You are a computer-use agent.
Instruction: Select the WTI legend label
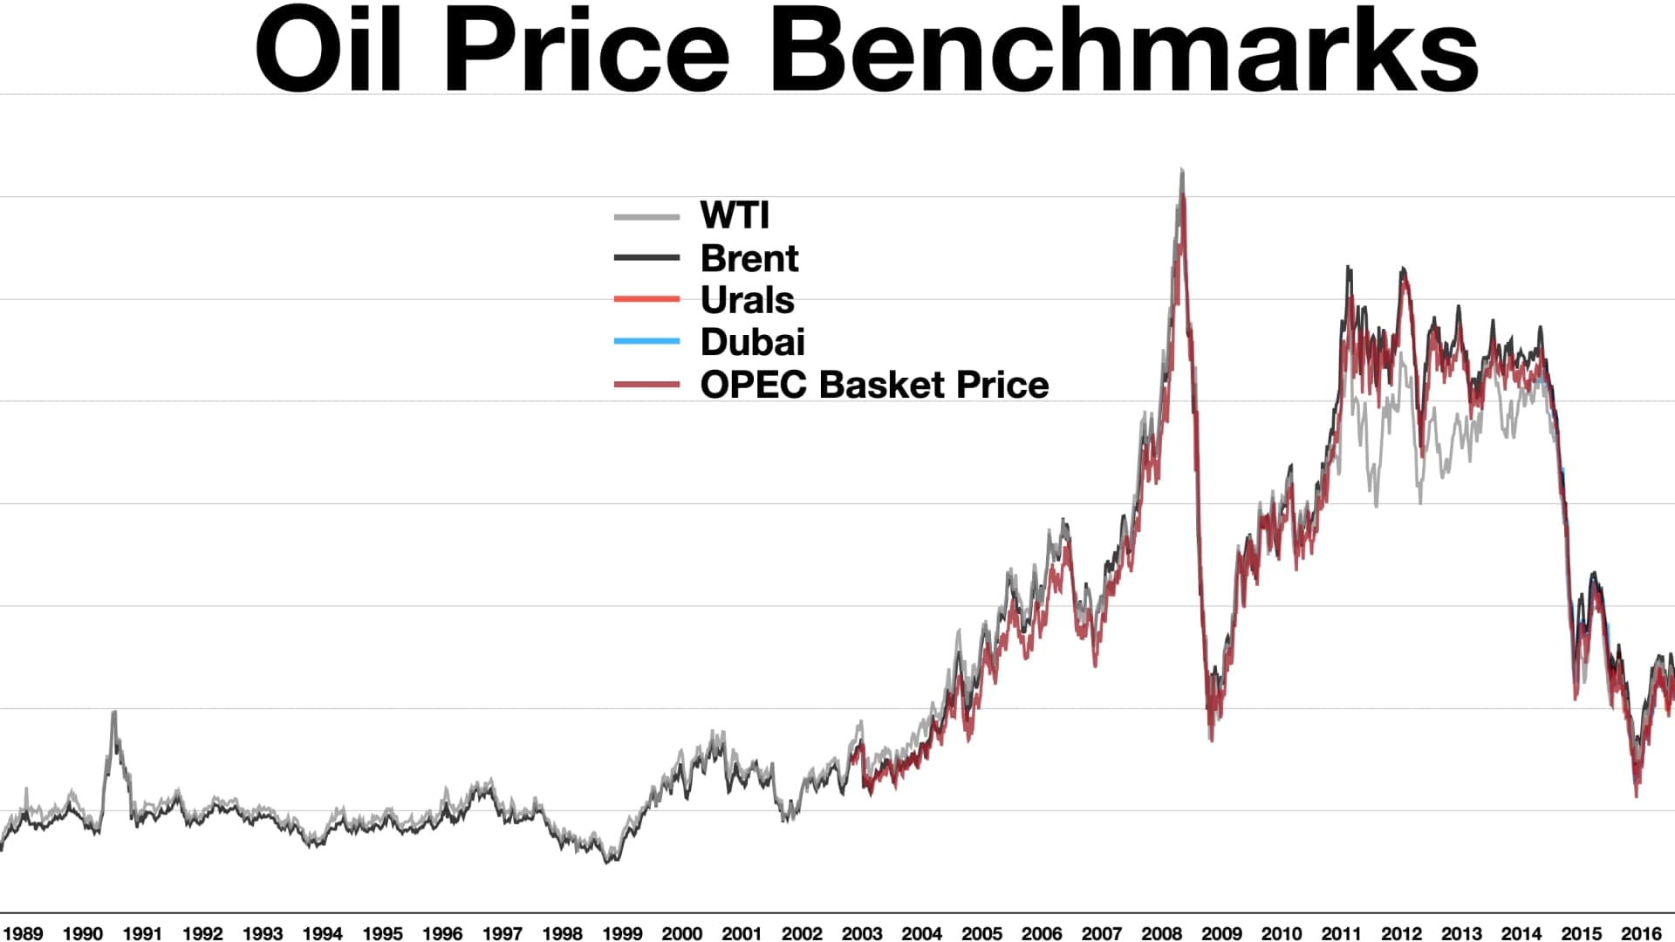tap(735, 215)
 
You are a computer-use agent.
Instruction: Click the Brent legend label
tap(749, 258)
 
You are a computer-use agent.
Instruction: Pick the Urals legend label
tap(748, 300)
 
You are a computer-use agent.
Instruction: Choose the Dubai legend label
tap(753, 342)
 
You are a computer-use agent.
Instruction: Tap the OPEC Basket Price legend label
tap(875, 385)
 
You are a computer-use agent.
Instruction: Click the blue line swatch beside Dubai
tap(646, 341)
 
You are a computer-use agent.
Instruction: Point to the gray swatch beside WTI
tap(646, 216)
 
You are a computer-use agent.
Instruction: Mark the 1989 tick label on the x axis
tap(23, 933)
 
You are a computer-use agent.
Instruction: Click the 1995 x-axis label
tap(382, 933)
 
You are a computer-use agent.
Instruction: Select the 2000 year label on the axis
tap(681, 933)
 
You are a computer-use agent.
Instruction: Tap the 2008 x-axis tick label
tap(1161, 933)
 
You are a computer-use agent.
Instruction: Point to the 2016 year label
tap(1641, 933)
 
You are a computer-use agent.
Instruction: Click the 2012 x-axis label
tap(1401, 933)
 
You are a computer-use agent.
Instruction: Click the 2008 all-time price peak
tap(1182, 170)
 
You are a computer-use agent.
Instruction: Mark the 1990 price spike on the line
tap(113, 713)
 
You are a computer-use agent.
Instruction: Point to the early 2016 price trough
tap(1637, 794)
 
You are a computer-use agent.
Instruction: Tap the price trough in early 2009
tap(1211, 740)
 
